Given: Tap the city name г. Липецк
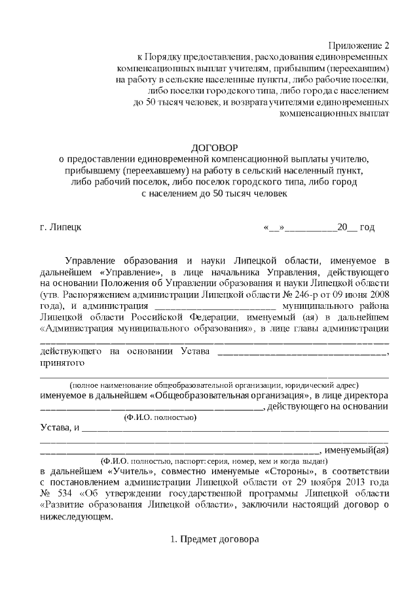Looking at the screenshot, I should point(61,228).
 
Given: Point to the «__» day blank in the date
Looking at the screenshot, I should point(274,228).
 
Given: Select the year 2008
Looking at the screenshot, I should point(378,294).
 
